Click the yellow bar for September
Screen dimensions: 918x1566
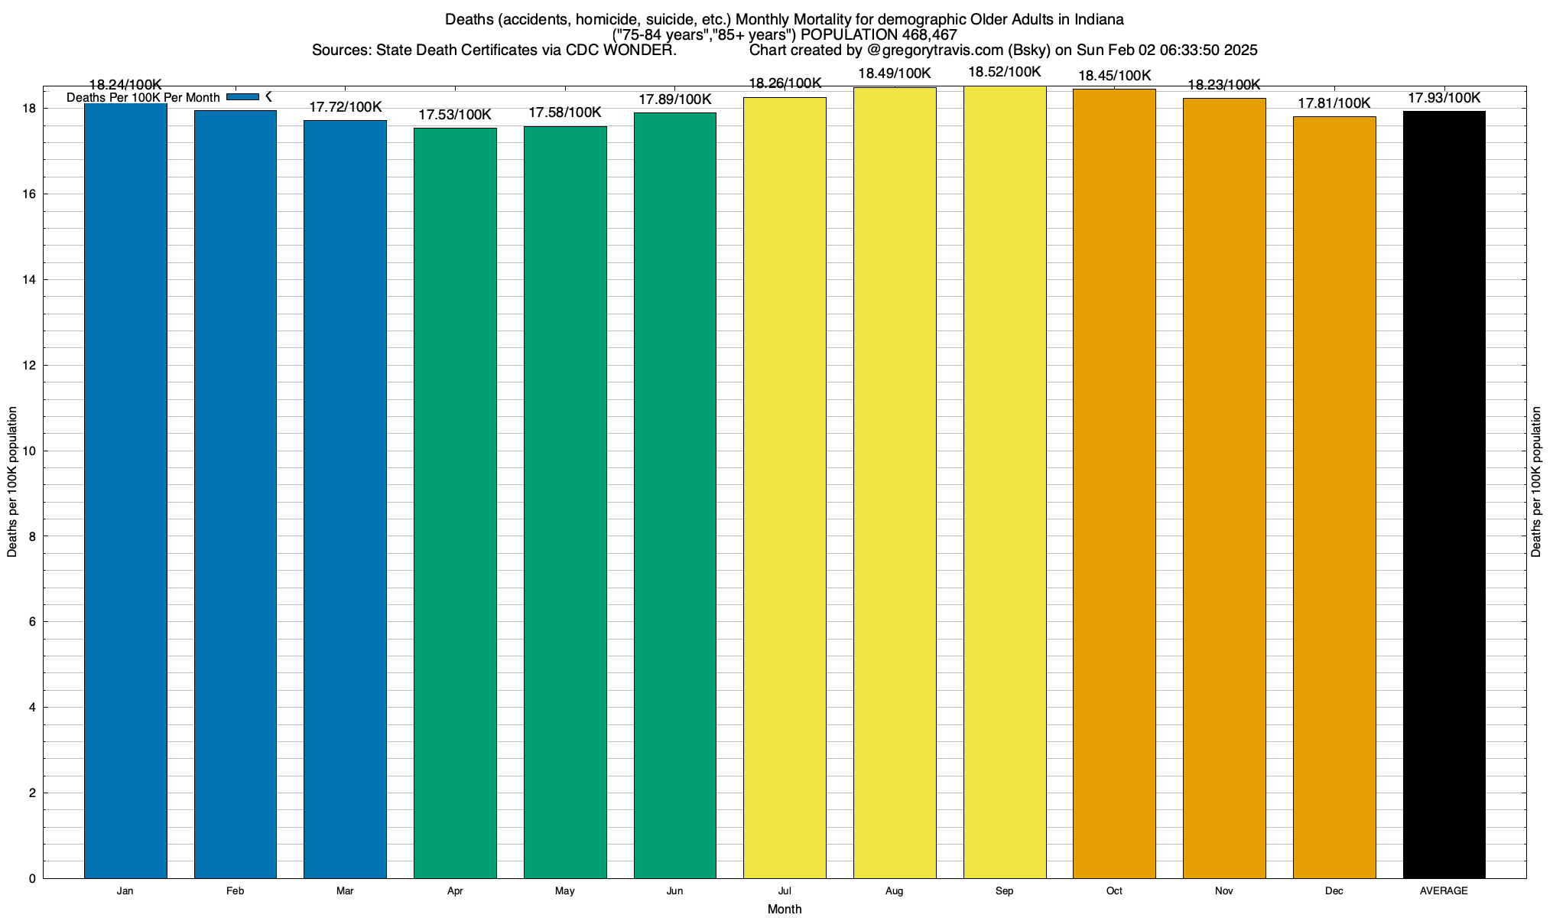coord(1004,482)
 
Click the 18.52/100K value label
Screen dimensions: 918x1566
coord(1004,72)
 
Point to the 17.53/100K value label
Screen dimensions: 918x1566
coord(455,115)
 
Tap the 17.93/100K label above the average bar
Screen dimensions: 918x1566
coord(1444,98)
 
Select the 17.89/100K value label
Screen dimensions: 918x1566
coord(674,99)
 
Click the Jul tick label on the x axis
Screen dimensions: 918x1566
coord(785,891)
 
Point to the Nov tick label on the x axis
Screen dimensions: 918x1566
coord(1223,891)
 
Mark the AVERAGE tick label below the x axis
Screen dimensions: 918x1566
coord(1444,891)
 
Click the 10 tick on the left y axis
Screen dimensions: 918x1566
coord(30,451)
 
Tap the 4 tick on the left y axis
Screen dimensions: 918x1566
coord(32,708)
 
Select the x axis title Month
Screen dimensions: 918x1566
coord(785,909)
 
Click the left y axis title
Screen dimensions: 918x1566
coord(12,482)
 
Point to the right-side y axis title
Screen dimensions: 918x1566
coord(1536,482)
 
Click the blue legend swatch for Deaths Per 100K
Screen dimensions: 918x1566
coord(243,97)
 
